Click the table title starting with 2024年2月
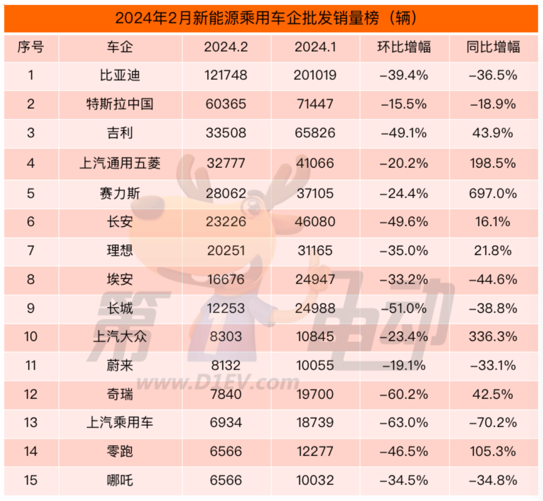tap(266, 18)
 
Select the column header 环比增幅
tap(404, 47)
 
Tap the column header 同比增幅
tap(493, 47)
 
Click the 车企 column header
tap(120, 47)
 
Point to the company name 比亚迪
tap(120, 75)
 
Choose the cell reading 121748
tap(226, 75)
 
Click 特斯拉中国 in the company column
tap(120, 104)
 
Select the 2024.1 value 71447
tap(315, 104)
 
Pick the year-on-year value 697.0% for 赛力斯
tap(493, 193)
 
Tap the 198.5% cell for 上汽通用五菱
tap(493, 163)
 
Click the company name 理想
tap(120, 250)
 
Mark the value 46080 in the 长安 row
tap(315, 222)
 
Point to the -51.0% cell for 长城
tap(404, 308)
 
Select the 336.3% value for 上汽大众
tap(493, 337)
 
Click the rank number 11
tap(31, 365)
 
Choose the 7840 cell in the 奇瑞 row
tap(226, 394)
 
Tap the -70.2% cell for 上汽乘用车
tap(493, 423)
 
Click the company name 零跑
tap(120, 451)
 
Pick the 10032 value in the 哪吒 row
tap(315, 480)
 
